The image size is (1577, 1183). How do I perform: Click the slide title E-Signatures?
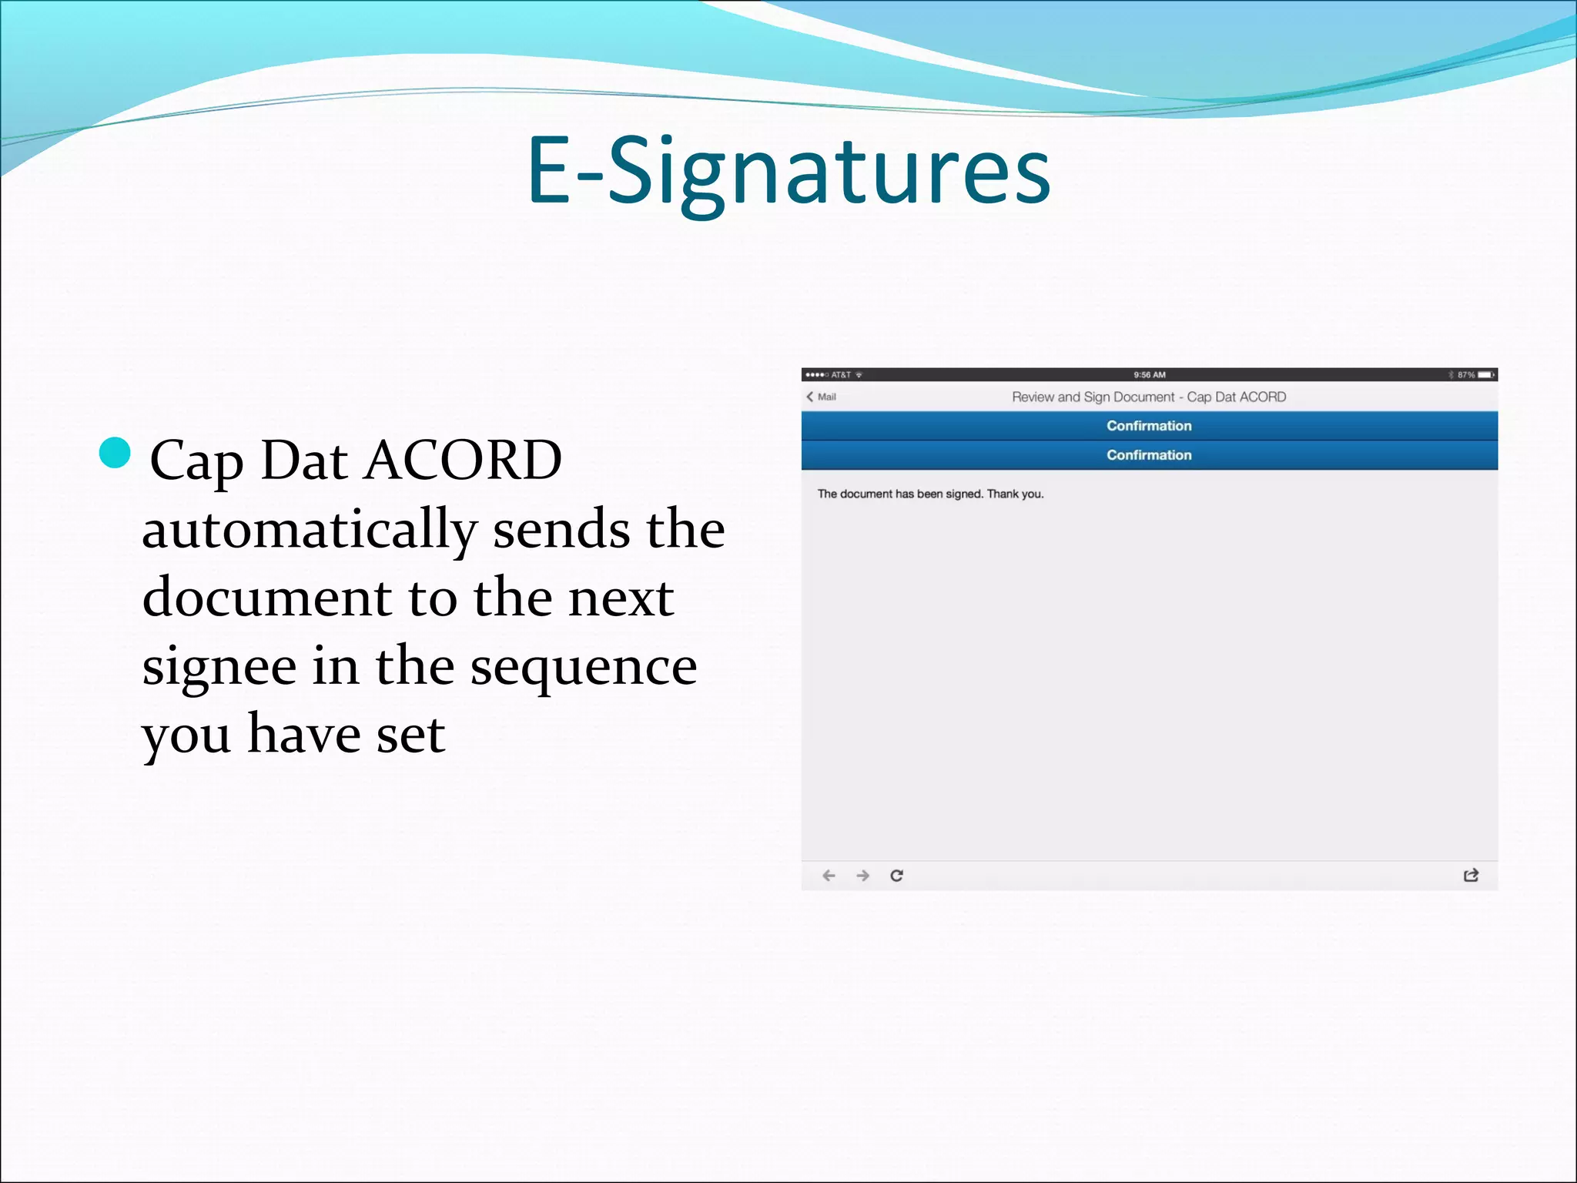tap(788, 171)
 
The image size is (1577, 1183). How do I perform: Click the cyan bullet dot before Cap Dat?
tap(116, 453)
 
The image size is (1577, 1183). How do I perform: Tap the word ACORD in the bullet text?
tap(464, 461)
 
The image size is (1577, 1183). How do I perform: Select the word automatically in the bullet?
tap(310, 530)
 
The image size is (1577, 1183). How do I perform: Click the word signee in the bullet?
tap(219, 666)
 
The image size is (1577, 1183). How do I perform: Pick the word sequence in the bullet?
tap(584, 666)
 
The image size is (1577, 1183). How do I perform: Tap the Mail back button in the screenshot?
tap(822, 397)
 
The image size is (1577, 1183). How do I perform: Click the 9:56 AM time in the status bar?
tap(1149, 375)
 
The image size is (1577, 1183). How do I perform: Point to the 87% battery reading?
tap(1465, 375)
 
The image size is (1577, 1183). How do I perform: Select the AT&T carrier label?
tap(841, 375)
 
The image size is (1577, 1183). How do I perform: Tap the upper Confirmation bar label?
tap(1149, 426)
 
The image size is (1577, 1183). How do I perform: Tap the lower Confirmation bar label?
tap(1149, 455)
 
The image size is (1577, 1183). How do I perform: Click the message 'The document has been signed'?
tap(930, 494)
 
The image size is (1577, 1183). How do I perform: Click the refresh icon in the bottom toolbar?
tap(896, 876)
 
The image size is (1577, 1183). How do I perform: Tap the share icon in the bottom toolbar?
tap(1471, 876)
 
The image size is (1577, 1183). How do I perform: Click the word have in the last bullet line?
tap(304, 734)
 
